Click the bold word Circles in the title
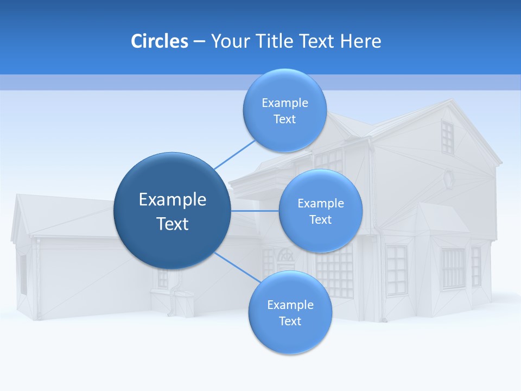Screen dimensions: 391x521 tap(159, 41)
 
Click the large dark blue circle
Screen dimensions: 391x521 tap(171, 211)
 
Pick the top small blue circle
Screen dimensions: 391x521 tap(284, 110)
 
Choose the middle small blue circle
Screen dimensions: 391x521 tap(320, 211)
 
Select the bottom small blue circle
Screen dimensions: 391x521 tap(290, 312)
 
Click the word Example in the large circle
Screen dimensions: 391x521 tap(173, 200)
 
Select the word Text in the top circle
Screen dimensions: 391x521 tap(284, 119)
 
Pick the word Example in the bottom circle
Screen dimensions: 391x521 tap(290, 305)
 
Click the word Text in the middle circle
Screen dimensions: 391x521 tap(320, 219)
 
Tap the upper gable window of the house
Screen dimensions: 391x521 tap(447, 137)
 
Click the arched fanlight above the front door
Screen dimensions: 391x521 tap(284, 255)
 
